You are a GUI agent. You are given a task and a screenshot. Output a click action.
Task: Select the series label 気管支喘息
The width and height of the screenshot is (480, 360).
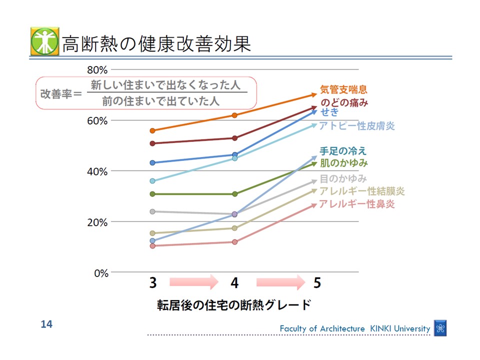(x=343, y=90)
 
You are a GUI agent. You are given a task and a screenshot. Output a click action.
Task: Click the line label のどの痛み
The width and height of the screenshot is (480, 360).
(x=343, y=103)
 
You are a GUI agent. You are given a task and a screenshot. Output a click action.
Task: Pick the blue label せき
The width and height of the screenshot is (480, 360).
(x=329, y=112)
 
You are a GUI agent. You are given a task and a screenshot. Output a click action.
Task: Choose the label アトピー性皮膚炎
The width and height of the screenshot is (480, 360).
(x=350, y=125)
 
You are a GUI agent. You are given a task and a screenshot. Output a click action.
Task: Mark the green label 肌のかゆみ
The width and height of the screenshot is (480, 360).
(x=343, y=163)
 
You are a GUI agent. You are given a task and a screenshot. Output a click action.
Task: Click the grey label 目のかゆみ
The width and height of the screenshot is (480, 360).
(x=343, y=178)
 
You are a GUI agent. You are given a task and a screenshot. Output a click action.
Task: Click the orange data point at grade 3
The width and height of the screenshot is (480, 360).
(x=152, y=130)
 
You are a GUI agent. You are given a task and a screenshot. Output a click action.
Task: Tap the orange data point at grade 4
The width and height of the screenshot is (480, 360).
(x=234, y=115)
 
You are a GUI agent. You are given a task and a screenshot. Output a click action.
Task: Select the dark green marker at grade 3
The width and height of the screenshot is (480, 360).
(x=152, y=194)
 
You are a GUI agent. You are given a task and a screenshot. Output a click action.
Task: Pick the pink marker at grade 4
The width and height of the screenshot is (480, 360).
(x=234, y=242)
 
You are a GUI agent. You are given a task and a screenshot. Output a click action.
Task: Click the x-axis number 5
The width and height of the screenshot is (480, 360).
(x=317, y=283)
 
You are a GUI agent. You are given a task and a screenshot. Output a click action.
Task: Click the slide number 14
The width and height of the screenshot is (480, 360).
(x=46, y=324)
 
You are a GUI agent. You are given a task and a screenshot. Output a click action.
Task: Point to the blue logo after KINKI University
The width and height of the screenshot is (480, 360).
(x=440, y=328)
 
